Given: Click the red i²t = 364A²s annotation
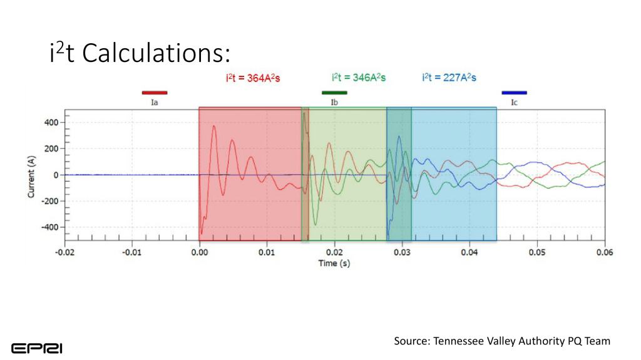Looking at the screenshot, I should click(x=253, y=78).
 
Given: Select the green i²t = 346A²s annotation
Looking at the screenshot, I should click(x=358, y=78).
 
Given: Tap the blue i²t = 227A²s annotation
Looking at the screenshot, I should click(x=449, y=78).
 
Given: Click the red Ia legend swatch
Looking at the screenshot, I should click(x=155, y=93).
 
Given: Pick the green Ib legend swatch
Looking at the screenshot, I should click(x=334, y=93).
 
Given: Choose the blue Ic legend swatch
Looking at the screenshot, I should click(x=514, y=93).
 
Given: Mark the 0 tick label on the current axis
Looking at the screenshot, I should click(x=56, y=175).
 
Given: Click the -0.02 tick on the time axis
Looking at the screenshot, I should click(x=64, y=252).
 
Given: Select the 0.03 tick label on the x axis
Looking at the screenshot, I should click(x=402, y=252).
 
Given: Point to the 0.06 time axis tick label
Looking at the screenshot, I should click(x=605, y=252).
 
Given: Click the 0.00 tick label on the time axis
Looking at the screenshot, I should click(x=199, y=252).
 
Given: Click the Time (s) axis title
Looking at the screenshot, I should click(x=334, y=263).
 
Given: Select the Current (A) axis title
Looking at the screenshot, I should click(x=31, y=175).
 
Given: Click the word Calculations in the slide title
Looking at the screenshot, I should click(x=152, y=54).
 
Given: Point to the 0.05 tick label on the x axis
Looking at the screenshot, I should click(x=537, y=252).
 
